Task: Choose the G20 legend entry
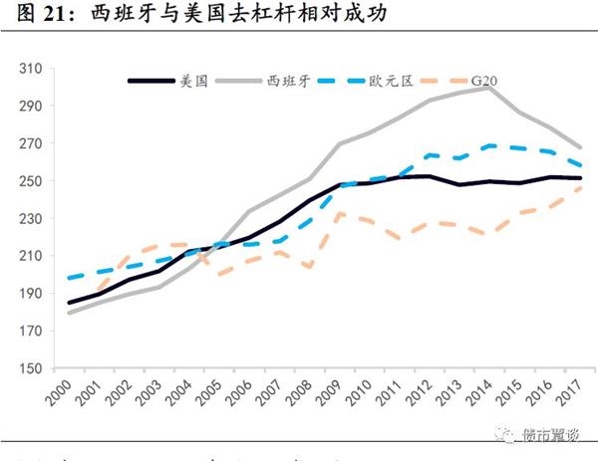click(483, 81)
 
